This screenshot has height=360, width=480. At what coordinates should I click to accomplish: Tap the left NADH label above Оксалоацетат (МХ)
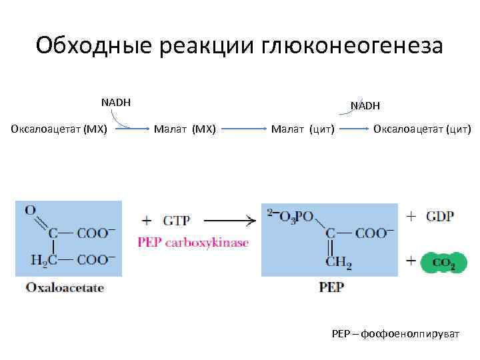coord(115,103)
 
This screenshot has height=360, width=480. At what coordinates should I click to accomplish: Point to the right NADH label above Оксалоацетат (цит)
coord(365,105)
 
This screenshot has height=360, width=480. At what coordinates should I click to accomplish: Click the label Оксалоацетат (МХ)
coord(59,129)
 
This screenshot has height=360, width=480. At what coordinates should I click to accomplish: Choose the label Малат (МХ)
coord(185,129)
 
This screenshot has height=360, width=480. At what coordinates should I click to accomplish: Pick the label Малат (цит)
coord(303,129)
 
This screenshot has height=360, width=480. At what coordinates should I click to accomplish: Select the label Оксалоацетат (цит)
coord(422,129)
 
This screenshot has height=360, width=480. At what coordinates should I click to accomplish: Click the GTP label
coord(179,220)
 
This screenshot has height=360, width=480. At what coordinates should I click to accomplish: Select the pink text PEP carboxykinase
coord(193,242)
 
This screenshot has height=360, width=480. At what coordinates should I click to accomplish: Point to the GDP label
coord(439,216)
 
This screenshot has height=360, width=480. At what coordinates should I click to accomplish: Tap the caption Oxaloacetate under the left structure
coord(65,288)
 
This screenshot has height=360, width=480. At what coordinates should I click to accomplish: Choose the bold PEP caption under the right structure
coord(331,287)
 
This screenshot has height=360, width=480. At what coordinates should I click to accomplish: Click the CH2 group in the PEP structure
coord(338,263)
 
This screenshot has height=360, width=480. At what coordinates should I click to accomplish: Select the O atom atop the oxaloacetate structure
coord(31,210)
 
